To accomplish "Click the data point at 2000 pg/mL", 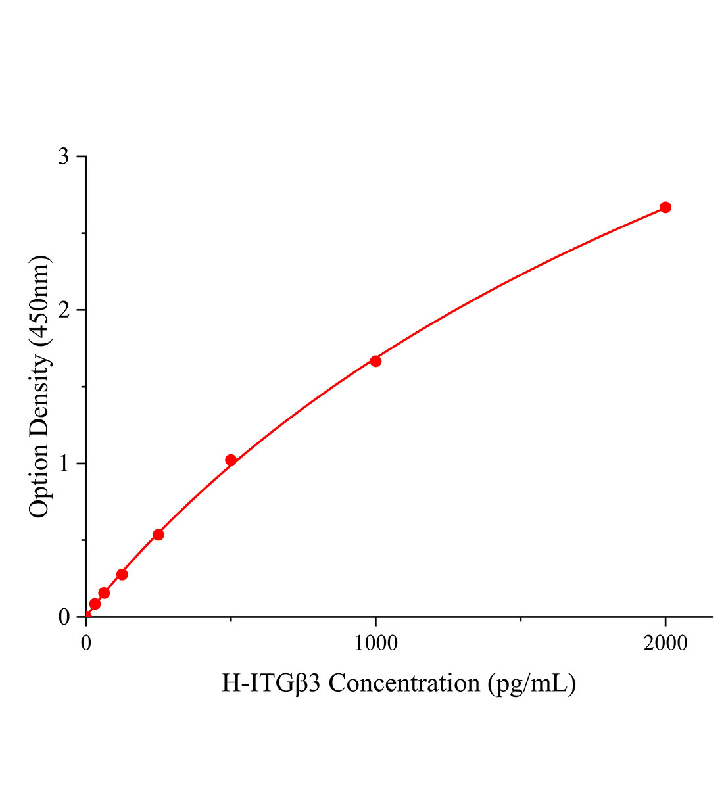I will (665, 207).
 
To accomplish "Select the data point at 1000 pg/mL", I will (375, 361).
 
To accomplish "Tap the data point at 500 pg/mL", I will (231, 460).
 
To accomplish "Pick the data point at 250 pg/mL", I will (158, 535).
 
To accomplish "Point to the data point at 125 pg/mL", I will (122, 574).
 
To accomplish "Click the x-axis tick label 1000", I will (375, 642).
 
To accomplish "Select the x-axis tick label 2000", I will (665, 642).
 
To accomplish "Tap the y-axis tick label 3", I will (63, 156).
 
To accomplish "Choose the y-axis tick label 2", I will (63, 310).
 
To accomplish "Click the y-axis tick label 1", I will (63, 464).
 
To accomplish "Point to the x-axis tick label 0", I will (86, 642).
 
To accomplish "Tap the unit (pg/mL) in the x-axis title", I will (532, 683).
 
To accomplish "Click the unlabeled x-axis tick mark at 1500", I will (520, 619).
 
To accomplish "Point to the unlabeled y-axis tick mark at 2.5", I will (83, 233).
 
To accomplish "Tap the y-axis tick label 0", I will (63, 617).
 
